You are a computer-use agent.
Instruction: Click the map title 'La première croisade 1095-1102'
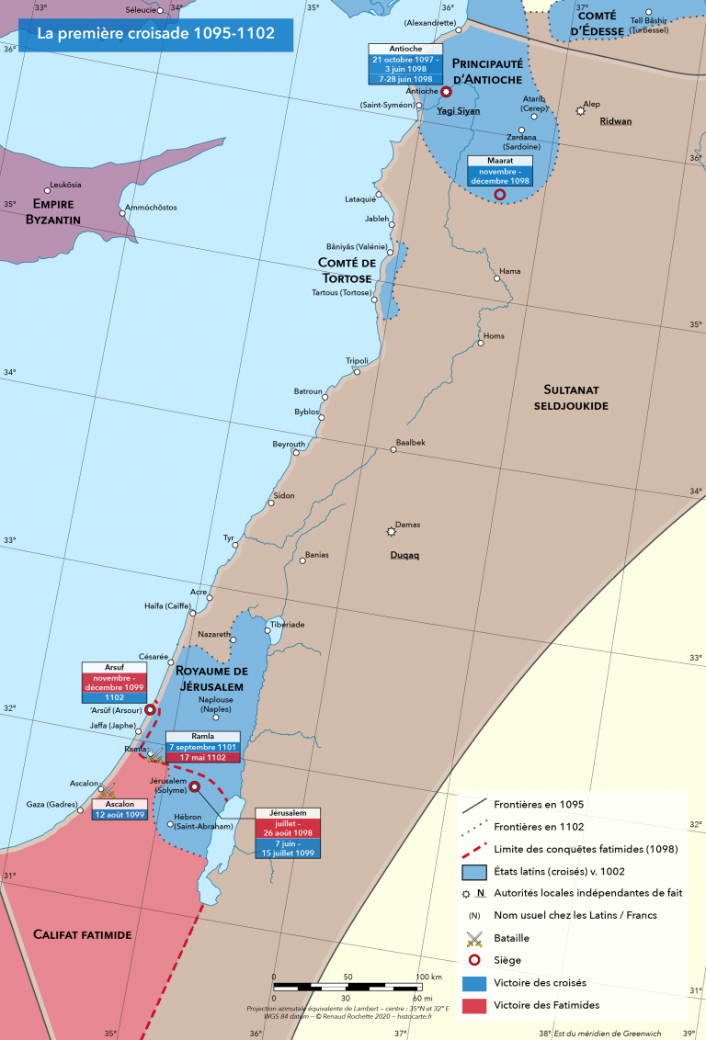click(x=155, y=35)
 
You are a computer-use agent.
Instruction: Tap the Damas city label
click(x=407, y=525)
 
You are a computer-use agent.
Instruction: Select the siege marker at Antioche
click(x=446, y=92)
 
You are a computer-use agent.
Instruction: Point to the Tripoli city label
click(x=357, y=360)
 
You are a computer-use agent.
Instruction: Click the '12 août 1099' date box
click(x=119, y=815)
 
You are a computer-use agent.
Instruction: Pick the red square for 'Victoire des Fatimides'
click(x=473, y=1005)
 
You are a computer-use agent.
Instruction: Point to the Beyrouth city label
click(x=289, y=444)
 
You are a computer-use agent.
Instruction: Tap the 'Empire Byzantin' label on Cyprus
click(x=56, y=211)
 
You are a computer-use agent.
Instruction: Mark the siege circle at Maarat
click(x=500, y=195)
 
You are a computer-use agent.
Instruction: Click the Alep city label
click(x=592, y=105)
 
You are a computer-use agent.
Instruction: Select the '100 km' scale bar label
click(x=428, y=977)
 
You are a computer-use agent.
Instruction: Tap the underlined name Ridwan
click(x=615, y=121)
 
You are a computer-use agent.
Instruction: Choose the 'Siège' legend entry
click(x=507, y=960)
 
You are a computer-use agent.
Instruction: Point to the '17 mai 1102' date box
click(x=202, y=758)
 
